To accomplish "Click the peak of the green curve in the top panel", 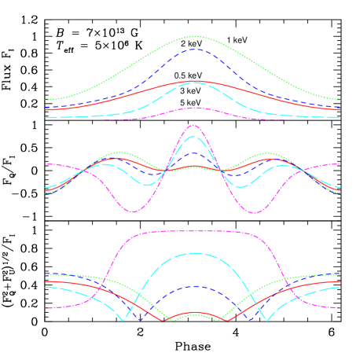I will tap(193, 36).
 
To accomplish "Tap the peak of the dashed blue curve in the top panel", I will tap(193, 49).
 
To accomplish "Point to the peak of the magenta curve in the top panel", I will tap(193, 108).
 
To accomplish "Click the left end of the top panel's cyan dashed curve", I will tap(46, 117).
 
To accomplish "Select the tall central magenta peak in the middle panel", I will tap(193, 125).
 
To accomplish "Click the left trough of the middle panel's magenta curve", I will tap(134, 211).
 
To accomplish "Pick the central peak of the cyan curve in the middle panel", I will tap(193, 136).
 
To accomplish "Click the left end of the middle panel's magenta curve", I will tap(46, 163).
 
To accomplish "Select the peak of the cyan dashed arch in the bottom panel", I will tap(193, 253).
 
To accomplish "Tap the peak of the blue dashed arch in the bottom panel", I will tap(193, 286).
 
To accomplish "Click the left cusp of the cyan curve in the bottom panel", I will tap(122, 320).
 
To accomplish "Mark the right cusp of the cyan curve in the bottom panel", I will tap(266, 320).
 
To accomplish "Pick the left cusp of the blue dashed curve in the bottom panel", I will tap(140, 318).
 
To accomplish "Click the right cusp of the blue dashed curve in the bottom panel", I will tap(250, 318).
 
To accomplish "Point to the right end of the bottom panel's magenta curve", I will tap(340, 307).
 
